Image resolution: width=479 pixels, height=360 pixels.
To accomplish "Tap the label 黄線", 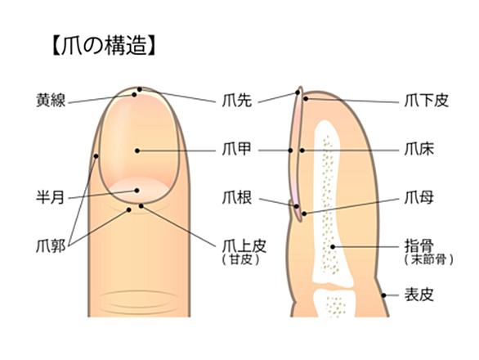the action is point(51,100).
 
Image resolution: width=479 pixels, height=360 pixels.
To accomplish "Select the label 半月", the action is point(51,197).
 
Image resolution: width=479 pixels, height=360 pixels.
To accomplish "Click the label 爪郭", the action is point(51,246).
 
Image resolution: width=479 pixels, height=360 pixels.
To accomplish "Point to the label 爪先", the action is point(237,100).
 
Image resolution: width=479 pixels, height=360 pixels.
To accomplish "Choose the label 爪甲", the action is point(237,149).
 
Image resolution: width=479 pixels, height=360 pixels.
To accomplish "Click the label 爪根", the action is point(237,197).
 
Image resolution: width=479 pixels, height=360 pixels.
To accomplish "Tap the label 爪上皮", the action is point(244,246).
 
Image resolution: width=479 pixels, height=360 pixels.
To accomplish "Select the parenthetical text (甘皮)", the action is point(241,259).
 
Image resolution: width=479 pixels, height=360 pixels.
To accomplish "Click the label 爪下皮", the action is point(427,100).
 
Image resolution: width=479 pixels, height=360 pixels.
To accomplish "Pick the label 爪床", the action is point(419,149).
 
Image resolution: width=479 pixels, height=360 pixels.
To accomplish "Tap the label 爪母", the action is point(419,197).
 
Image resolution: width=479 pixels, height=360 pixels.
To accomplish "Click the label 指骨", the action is point(419,246).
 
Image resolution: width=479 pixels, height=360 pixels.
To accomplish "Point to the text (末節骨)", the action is point(429,259).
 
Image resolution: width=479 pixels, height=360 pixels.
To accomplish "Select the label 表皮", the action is point(419,295).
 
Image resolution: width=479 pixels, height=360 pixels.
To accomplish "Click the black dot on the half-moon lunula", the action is point(137,191).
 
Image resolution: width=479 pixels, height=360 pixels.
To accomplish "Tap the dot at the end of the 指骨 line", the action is point(333,246).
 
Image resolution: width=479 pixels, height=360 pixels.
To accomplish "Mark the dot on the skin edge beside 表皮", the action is point(383,295).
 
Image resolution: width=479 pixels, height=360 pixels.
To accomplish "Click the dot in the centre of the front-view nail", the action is point(137,151).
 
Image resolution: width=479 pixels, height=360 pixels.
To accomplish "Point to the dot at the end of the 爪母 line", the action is point(304,214).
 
